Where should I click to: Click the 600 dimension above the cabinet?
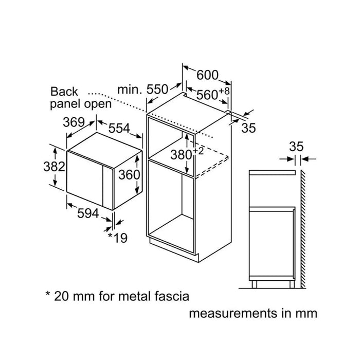click(207, 75)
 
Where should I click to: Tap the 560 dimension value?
click(207, 95)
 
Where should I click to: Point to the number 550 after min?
click(157, 89)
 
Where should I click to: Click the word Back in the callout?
click(64, 92)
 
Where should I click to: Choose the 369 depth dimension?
click(74, 122)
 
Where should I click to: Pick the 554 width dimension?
click(119, 128)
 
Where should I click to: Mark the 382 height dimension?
click(54, 167)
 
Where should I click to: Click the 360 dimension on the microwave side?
click(129, 175)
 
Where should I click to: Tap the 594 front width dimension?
click(88, 213)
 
